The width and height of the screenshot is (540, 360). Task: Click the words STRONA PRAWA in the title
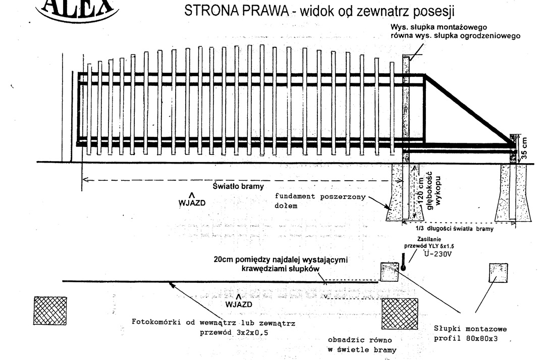tap(237, 11)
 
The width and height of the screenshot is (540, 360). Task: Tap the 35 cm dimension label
tap(524, 148)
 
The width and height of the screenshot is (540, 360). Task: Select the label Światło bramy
tap(238, 186)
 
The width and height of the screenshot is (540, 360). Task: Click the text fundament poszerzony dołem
tap(320, 201)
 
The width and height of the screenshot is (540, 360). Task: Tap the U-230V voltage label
tap(438, 254)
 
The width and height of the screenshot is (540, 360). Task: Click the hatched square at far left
tap(50, 311)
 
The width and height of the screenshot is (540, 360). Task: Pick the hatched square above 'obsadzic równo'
tap(400, 314)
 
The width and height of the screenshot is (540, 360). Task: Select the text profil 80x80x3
tap(466, 338)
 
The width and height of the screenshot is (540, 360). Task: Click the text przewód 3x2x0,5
tap(234, 333)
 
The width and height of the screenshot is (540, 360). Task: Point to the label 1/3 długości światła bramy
tap(455, 228)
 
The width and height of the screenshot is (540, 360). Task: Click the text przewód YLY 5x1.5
tap(429, 246)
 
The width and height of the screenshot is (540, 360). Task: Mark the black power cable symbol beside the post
tap(403, 262)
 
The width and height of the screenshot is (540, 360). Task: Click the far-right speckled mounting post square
tap(498, 273)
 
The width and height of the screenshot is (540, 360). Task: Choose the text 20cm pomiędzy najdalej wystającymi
tap(281, 260)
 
